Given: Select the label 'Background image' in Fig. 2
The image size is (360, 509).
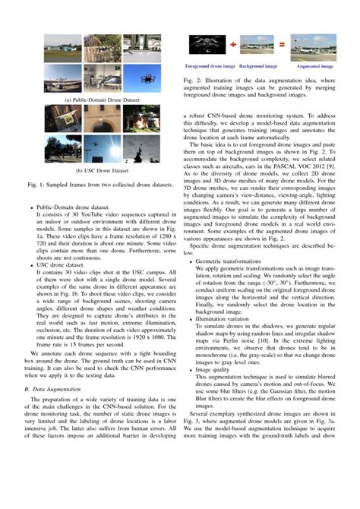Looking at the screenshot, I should (x=258, y=66).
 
